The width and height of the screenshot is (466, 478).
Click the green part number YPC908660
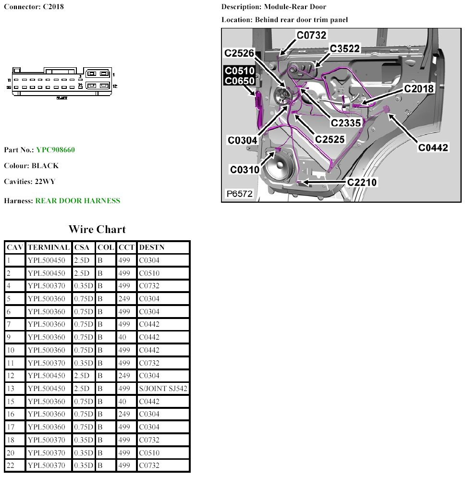[x=55, y=150]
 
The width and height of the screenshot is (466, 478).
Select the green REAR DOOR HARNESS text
[x=78, y=201]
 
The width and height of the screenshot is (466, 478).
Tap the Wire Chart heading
[x=97, y=229]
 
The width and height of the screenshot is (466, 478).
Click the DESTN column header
[x=151, y=247]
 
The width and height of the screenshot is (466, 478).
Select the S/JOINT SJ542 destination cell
[x=163, y=389]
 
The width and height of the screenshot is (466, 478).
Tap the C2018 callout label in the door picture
[x=418, y=88]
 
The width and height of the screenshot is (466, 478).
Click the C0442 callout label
[x=433, y=147]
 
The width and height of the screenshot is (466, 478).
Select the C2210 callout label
[x=362, y=182]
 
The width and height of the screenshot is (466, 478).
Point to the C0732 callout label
[x=311, y=35]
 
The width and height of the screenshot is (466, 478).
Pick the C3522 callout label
[x=344, y=49]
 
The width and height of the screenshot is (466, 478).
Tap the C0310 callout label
[x=245, y=170]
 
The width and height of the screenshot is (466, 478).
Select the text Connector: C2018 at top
[x=34, y=7]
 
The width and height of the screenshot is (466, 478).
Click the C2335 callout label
[x=346, y=123]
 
